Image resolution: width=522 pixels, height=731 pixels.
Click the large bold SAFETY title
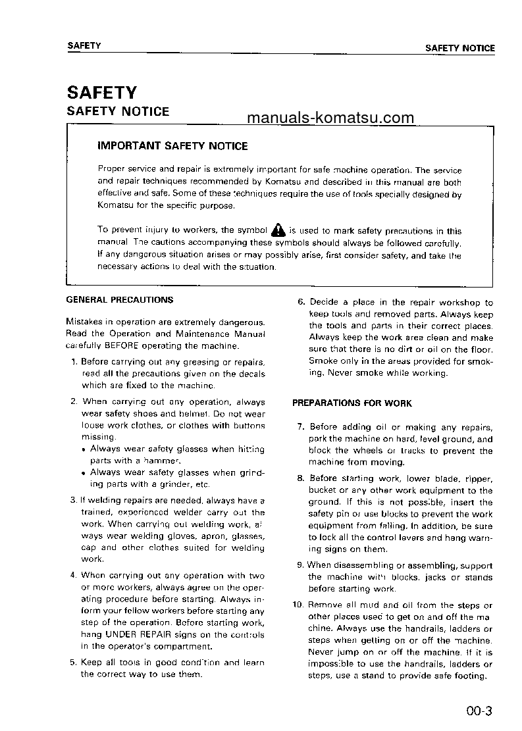coord(101,91)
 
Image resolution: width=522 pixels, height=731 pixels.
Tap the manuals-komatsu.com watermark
coord(330,118)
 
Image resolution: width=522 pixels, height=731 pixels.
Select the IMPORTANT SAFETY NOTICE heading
coord(172,146)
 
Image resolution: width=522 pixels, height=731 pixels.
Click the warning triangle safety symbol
coord(278,230)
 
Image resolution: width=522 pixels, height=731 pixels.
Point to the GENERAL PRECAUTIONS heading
coord(120,300)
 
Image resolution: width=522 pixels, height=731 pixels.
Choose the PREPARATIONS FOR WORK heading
coord(352,403)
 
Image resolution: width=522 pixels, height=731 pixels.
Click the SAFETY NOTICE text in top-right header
coord(459,48)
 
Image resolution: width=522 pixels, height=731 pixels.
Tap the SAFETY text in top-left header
coord(84,45)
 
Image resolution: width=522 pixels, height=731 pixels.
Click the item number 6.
coord(301,303)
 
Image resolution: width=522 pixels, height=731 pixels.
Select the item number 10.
coord(297,605)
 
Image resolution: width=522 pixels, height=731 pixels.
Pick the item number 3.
coord(74,500)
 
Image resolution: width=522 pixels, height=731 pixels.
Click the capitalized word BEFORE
coord(124,345)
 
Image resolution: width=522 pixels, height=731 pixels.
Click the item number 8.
coord(301,478)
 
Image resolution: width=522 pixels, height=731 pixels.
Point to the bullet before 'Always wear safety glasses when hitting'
coord(85,449)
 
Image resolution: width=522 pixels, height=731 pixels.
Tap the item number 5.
coord(74,663)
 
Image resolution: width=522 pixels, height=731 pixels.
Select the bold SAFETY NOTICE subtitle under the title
coord(118,111)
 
